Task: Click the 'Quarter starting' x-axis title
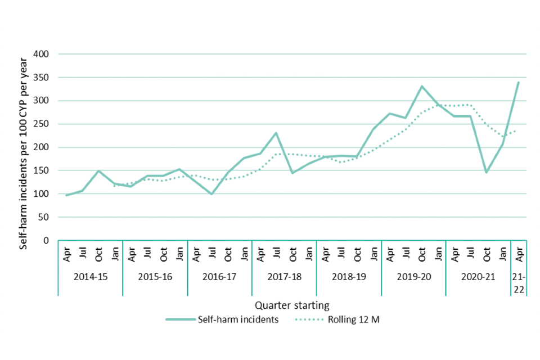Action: click(291, 305)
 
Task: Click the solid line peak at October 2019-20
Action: click(421, 87)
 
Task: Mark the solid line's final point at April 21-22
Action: click(518, 83)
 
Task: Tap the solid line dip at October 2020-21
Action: click(486, 172)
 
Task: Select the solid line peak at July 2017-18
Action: click(276, 133)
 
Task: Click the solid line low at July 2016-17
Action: click(211, 194)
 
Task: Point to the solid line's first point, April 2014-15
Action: click(66, 195)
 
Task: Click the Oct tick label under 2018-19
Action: click(357, 254)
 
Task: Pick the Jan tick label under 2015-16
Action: click(179, 254)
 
